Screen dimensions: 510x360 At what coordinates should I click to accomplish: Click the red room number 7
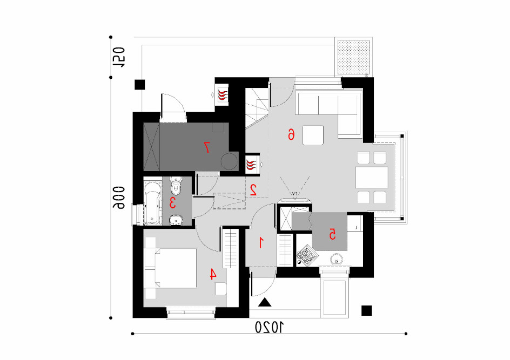206,147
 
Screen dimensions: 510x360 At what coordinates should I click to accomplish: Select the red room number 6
291,134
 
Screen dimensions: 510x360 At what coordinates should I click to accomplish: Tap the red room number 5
332,234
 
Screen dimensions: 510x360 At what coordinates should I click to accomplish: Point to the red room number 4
213,274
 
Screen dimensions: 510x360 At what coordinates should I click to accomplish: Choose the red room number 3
172,203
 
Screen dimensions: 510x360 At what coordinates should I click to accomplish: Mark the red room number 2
253,190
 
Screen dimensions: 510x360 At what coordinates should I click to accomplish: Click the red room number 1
260,242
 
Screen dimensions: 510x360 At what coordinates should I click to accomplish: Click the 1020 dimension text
269,327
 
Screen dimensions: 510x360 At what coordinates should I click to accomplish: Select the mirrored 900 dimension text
119,198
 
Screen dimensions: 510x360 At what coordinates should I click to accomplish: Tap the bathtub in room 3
153,203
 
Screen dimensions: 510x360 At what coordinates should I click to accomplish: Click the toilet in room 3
176,185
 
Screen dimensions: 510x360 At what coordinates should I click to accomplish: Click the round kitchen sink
336,259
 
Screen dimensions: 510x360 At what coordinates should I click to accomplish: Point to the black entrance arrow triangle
265,302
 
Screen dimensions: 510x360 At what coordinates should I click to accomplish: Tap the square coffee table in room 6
313,135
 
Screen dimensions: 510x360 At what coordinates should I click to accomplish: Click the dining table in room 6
372,178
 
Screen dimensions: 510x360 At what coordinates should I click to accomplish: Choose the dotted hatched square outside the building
353,57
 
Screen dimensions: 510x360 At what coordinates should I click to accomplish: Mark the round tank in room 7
229,161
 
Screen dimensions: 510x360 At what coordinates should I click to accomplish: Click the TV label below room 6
294,194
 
